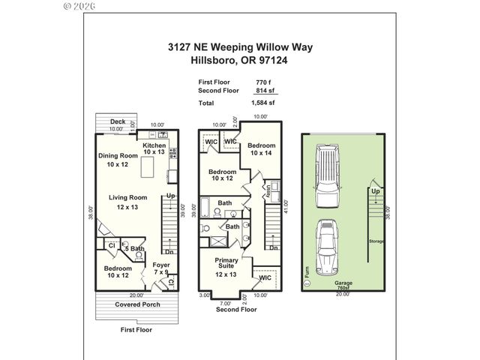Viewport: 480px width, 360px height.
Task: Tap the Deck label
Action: pos(117,121)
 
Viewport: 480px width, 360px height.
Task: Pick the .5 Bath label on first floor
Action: pos(134,248)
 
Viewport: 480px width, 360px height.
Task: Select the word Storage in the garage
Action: pos(376,241)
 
